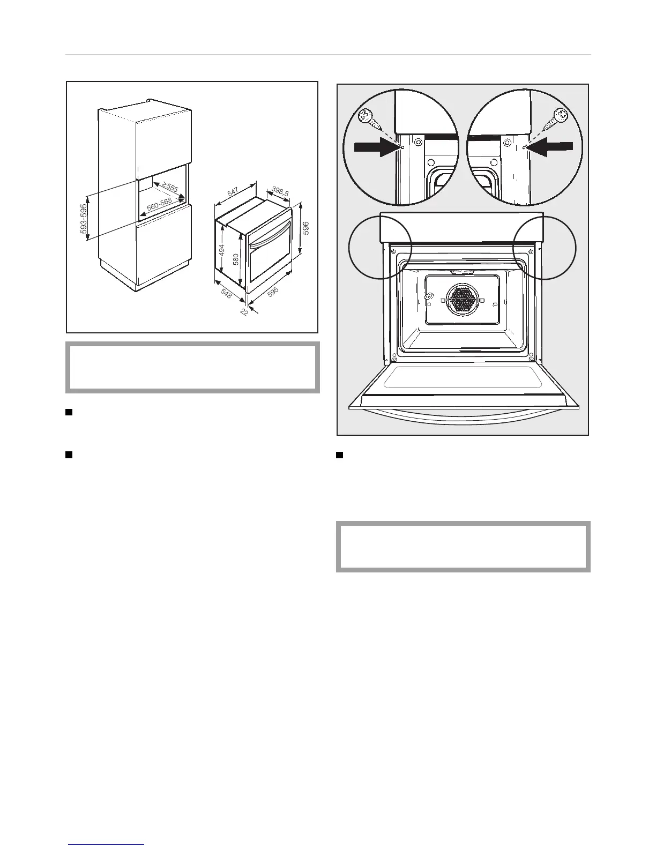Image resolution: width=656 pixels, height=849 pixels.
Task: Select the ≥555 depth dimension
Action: [170, 187]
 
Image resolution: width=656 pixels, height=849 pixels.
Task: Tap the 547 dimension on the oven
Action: [233, 190]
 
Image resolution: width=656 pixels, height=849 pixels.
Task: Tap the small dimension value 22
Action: [244, 310]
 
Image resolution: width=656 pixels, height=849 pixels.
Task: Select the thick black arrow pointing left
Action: [553, 145]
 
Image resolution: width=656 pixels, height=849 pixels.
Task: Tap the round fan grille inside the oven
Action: [462, 300]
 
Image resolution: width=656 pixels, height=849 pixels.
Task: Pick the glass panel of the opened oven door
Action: [463, 379]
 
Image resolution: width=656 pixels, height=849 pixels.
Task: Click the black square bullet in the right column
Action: [339, 456]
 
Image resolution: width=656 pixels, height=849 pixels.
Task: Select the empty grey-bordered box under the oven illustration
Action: [463, 546]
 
